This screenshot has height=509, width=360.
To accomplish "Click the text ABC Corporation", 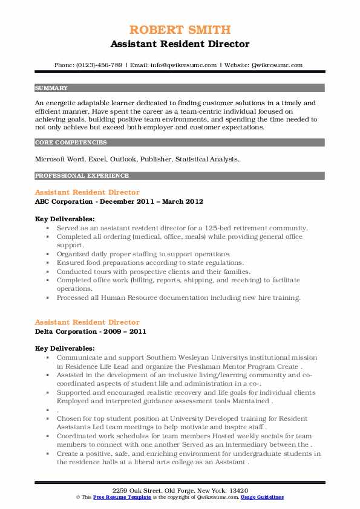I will [64, 201].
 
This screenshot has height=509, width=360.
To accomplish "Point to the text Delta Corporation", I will [66, 331].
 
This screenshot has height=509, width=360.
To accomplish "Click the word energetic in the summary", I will [65, 103].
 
